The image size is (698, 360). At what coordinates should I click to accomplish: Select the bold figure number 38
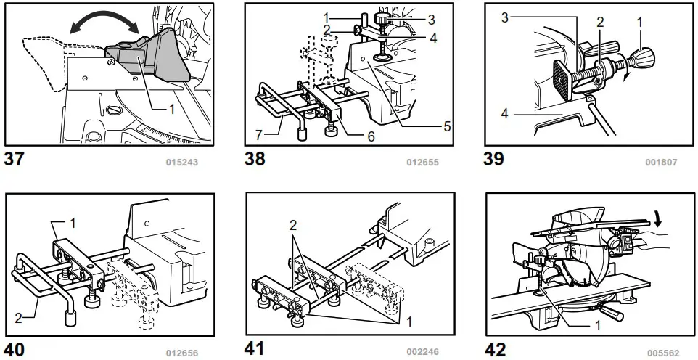point(255,159)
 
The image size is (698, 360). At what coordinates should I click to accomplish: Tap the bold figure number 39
point(494,158)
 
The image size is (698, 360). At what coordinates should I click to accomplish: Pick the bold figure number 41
point(254,348)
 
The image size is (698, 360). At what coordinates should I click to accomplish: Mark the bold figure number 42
point(495,349)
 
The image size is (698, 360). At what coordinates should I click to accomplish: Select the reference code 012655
point(423,162)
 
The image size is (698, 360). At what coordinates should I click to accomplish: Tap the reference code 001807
point(661,162)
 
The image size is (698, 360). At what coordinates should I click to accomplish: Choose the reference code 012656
point(181,353)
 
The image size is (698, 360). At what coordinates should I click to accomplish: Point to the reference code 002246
point(422,352)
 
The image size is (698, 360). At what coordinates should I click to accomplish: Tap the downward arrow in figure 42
point(657,218)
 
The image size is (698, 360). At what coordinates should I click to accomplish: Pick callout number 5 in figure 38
point(447,125)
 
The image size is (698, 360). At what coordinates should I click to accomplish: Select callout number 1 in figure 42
point(597,326)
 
